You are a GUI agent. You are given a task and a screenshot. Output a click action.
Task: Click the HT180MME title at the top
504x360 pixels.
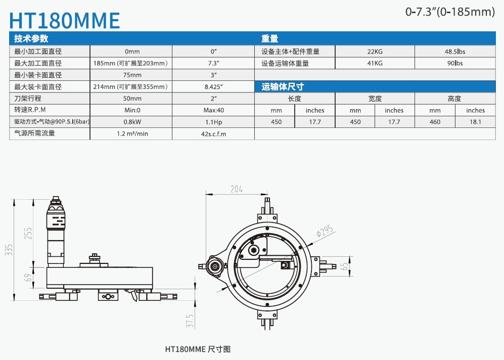(x=65, y=20)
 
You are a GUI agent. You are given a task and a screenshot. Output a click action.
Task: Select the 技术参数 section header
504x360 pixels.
(x=31, y=38)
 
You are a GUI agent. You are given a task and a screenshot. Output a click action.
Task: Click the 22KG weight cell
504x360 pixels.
(x=375, y=51)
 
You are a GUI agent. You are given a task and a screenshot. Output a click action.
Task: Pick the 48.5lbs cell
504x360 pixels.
(x=454, y=51)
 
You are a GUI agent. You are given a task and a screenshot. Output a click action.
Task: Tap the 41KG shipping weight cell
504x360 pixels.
(x=375, y=63)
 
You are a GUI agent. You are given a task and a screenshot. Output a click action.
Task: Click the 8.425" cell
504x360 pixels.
(x=213, y=86)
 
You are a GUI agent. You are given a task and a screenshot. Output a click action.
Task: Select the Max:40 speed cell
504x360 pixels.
(x=213, y=110)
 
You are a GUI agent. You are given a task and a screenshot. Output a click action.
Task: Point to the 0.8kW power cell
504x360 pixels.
(x=132, y=122)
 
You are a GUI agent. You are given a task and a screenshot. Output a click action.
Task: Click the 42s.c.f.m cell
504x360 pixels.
(x=213, y=134)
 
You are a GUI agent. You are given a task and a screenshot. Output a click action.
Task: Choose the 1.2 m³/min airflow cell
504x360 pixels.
(x=132, y=134)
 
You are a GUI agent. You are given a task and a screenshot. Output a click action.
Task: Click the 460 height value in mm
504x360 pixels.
(x=435, y=122)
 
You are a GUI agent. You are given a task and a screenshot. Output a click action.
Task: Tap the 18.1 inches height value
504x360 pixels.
(x=475, y=122)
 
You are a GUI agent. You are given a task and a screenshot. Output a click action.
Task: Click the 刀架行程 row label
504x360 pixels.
(x=28, y=98)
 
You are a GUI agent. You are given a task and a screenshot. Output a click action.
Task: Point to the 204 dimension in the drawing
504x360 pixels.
(x=236, y=189)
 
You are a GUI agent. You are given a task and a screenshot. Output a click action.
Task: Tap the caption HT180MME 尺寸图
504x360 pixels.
(x=198, y=349)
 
